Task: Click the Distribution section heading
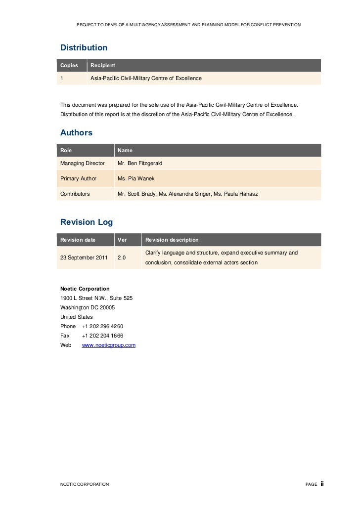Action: click(84, 48)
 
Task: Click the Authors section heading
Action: click(76, 132)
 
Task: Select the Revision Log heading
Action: click(87, 222)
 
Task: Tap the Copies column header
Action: click(69, 65)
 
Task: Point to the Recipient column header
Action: click(103, 65)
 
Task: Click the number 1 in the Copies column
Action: click(62, 78)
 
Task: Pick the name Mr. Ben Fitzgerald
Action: click(140, 163)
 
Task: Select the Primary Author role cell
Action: click(78, 178)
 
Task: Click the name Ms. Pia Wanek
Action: click(136, 178)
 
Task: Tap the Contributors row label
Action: click(75, 194)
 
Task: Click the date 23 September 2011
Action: click(84, 257)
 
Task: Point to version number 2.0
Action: click(121, 257)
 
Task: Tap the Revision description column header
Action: click(172, 240)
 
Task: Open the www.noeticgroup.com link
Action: click(108, 345)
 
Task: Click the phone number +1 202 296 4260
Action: click(102, 326)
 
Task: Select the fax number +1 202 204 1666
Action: click(102, 336)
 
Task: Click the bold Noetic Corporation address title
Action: click(85, 289)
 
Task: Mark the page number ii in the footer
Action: click(322, 484)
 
